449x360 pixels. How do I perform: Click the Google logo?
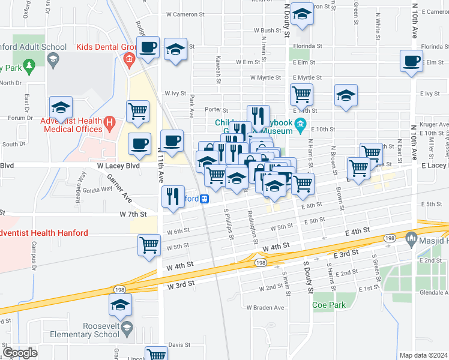tap(20, 353)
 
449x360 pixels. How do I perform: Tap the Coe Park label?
tap(328, 305)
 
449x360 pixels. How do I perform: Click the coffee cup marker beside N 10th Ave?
tap(411, 61)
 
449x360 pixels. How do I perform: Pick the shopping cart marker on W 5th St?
tap(149, 244)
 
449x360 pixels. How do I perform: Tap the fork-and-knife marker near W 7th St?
tap(172, 196)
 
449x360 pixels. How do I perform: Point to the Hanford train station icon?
tap(205, 199)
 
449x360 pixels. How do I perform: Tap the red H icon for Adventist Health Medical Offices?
tap(109, 124)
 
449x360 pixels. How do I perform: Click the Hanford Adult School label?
tap(33, 47)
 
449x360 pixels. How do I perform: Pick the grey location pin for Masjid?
tap(411, 239)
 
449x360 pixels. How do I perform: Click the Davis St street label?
tap(179, 345)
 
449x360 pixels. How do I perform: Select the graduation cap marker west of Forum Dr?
tap(61, 107)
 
